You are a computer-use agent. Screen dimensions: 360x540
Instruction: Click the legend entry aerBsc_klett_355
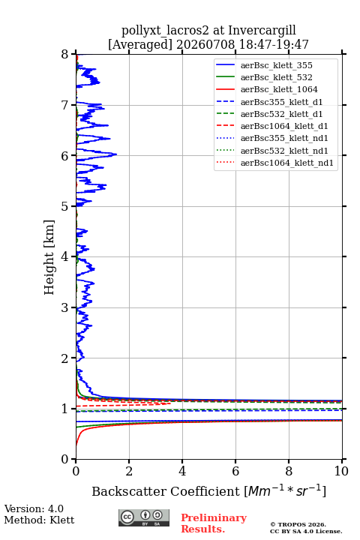pyautogui.click(x=276, y=65)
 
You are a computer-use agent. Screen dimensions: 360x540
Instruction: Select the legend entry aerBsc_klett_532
pyautogui.click(x=276, y=77)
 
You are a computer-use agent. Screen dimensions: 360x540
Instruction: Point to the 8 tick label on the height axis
pyautogui.click(x=64, y=55)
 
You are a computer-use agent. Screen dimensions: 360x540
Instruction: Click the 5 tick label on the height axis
pyautogui.click(x=64, y=206)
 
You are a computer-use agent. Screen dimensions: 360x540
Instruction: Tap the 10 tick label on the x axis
pyautogui.click(x=341, y=471)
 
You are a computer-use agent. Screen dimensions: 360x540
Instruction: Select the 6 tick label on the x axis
pyautogui.click(x=235, y=471)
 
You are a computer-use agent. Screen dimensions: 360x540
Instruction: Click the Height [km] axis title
pyautogui.click(x=49, y=257)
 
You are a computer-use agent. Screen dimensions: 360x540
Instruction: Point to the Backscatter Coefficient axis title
pyautogui.click(x=208, y=490)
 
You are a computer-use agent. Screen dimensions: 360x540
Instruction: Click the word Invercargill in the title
pyautogui.click(x=262, y=31)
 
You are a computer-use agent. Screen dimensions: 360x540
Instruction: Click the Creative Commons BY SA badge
pyautogui.click(x=144, y=517)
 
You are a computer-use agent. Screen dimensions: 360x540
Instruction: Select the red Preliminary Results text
pyautogui.click(x=214, y=523)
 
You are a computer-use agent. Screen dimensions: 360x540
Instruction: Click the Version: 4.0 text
pyautogui.click(x=34, y=508)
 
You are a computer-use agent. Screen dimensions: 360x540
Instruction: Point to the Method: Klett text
pyautogui.click(x=39, y=520)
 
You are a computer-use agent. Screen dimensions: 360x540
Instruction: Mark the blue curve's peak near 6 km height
pyautogui.click(x=116, y=154)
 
